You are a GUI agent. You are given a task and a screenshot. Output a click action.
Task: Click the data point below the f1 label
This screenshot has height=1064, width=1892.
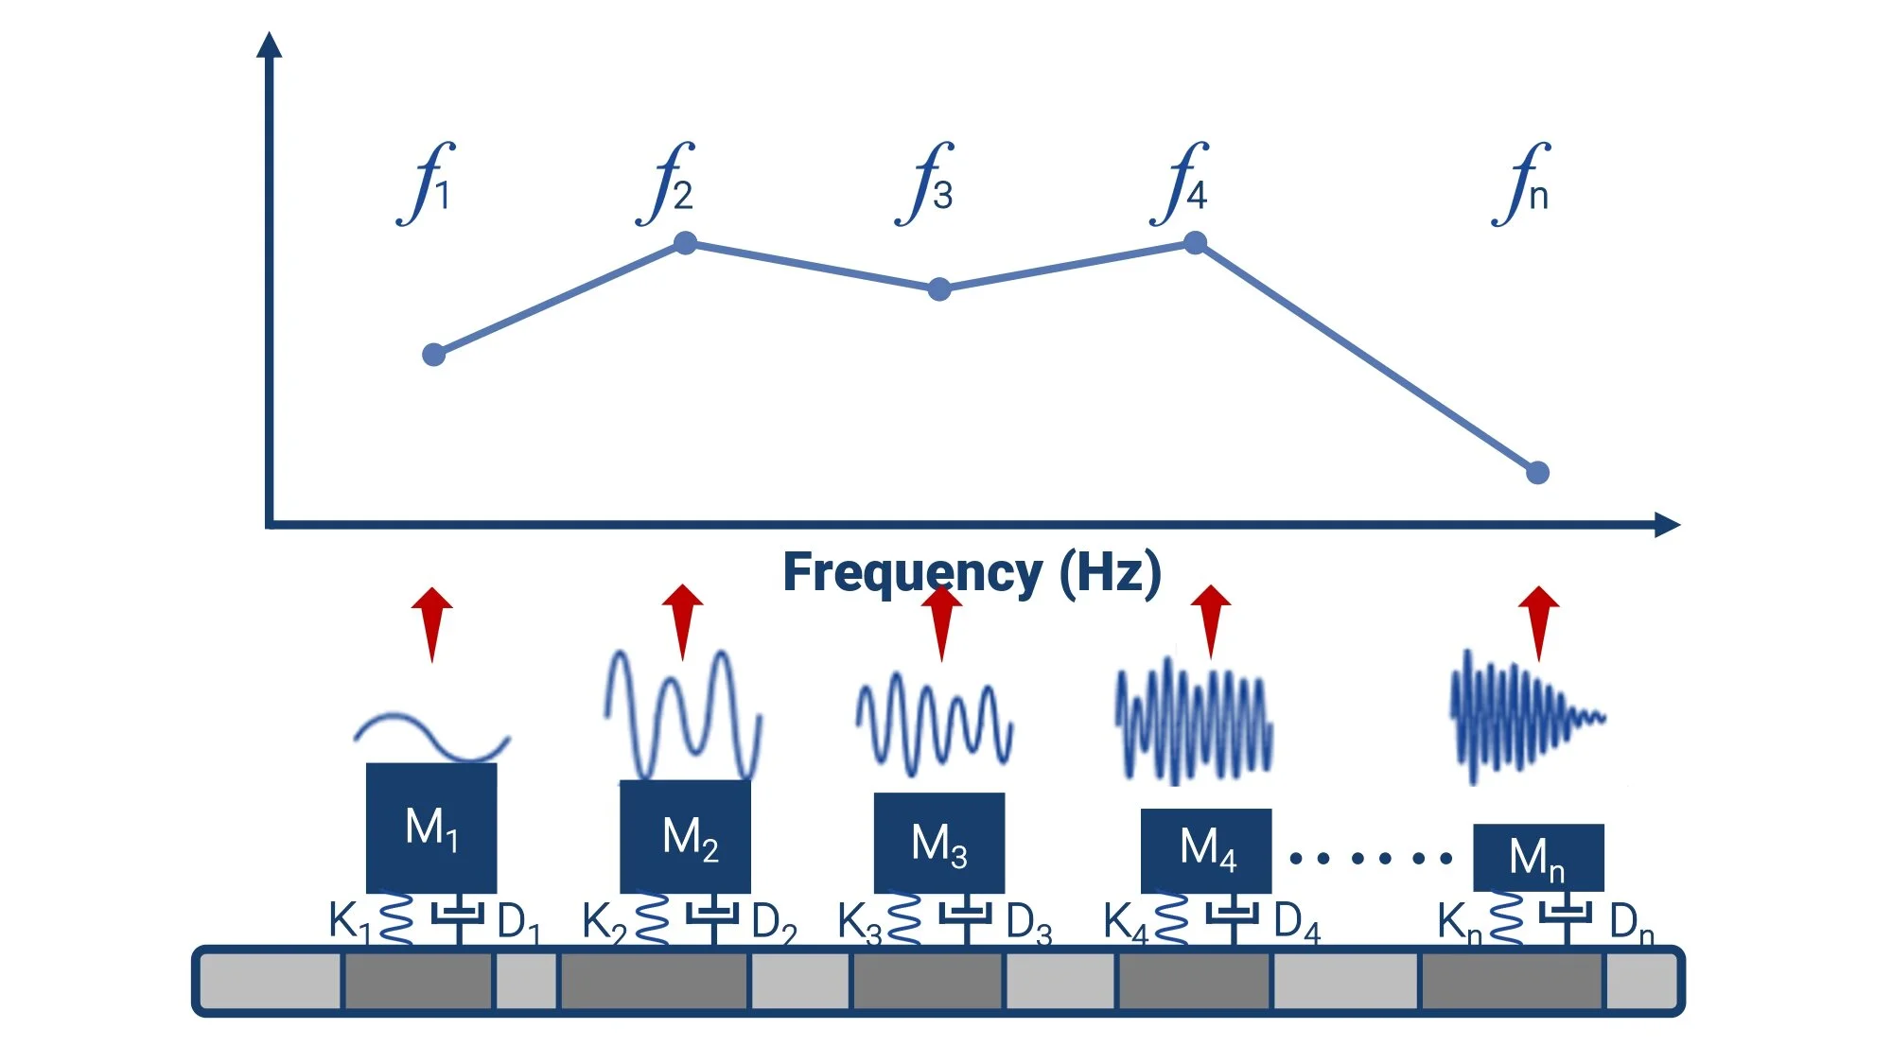433,355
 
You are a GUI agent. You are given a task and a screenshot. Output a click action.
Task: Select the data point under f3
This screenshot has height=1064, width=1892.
938,289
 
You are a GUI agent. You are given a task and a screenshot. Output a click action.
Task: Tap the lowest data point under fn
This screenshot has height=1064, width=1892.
1537,472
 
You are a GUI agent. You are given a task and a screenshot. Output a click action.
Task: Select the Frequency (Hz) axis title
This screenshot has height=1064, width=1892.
972,572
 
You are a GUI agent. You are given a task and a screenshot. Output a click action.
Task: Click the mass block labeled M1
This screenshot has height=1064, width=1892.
431,828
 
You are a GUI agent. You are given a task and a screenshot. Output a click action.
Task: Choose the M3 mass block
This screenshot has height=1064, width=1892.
938,843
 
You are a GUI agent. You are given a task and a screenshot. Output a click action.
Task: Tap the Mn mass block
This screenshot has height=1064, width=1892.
1538,857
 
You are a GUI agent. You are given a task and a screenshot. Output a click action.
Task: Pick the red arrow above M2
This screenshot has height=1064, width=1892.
682,619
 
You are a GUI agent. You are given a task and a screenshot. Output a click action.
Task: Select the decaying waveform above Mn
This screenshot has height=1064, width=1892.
1525,717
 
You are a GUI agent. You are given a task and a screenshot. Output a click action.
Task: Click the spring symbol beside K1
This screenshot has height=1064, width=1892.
396,919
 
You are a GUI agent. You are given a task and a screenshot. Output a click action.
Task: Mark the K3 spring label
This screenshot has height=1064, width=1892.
858,922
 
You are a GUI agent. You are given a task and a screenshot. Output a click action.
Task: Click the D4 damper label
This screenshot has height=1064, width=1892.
1296,922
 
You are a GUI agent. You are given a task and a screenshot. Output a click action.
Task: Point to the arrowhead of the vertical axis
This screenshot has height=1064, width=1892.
270,44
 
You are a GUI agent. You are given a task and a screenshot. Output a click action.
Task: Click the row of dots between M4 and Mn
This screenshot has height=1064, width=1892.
1371,858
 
